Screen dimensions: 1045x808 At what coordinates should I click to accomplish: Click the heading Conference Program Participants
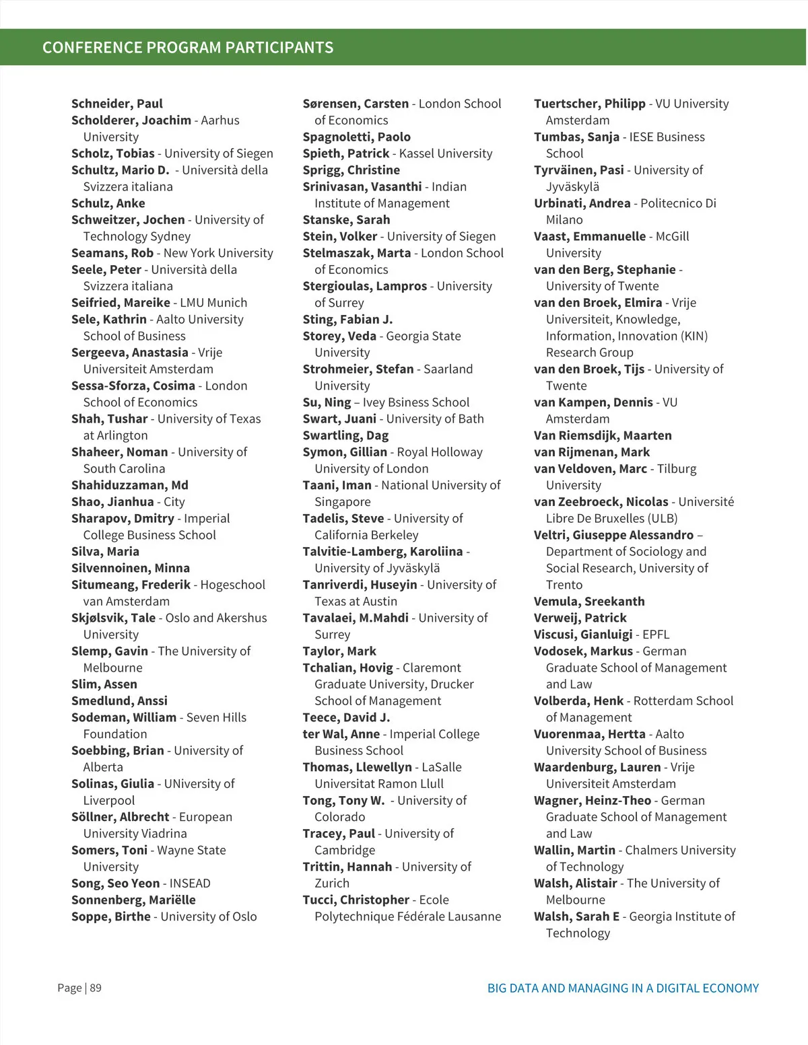[188, 48]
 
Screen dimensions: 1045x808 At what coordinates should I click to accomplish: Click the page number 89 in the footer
[96, 988]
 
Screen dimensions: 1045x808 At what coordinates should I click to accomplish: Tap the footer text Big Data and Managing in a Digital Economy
[623, 988]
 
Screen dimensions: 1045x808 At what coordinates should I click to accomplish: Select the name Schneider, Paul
[117, 104]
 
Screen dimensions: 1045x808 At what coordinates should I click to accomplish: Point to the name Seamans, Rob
[112, 253]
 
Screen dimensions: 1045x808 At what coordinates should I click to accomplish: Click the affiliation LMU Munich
[213, 303]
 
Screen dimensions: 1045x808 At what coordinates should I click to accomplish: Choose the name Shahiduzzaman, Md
[130, 485]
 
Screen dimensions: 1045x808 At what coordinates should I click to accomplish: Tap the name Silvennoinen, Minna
[131, 568]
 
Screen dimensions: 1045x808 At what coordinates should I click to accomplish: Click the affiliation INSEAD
[190, 884]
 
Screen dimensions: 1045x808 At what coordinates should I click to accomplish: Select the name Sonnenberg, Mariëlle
[133, 900]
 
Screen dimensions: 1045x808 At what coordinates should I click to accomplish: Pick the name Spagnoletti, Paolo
[356, 137]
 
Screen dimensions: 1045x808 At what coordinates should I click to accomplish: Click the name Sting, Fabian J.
[347, 320]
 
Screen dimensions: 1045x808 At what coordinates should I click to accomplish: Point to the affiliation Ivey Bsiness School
[416, 402]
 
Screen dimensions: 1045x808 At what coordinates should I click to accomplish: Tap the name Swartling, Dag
[345, 435]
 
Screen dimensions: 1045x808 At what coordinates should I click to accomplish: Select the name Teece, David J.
[346, 717]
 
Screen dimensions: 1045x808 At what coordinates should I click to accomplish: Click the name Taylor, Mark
[339, 651]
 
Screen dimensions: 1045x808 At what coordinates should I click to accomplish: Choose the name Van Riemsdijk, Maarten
[603, 435]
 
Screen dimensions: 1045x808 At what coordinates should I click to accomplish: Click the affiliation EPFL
[656, 635]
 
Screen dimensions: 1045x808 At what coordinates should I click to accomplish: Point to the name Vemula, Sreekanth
[589, 602]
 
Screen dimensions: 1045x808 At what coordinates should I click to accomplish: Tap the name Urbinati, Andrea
[582, 203]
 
